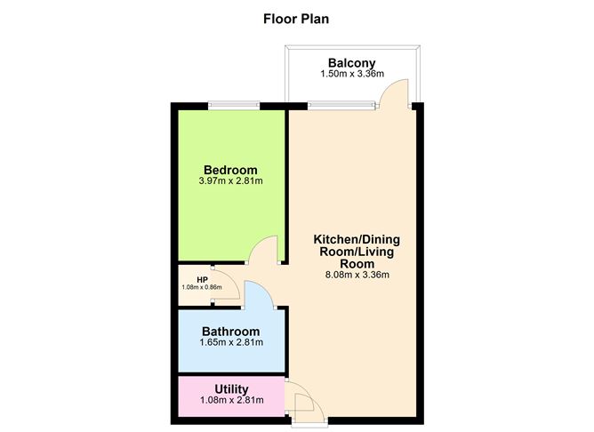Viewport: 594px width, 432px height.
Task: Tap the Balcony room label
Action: pos(353,63)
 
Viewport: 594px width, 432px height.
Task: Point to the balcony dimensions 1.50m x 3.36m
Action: pos(353,75)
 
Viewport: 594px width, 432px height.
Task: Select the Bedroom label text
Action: pos(230,170)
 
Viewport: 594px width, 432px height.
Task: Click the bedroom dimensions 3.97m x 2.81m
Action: pos(230,181)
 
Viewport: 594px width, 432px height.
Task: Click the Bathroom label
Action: pos(230,331)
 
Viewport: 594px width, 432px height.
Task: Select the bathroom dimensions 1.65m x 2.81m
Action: pos(230,342)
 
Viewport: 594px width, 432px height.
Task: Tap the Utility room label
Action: pos(230,388)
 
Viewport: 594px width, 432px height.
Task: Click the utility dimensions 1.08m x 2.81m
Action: pos(230,400)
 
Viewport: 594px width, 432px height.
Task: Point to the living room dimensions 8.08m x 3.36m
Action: pos(357,275)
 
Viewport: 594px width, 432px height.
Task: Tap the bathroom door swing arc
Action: pos(258,293)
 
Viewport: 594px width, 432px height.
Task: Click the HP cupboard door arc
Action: pos(228,284)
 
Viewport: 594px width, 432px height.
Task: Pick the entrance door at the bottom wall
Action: pos(305,405)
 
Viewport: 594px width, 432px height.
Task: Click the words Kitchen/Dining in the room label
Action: pos(357,240)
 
